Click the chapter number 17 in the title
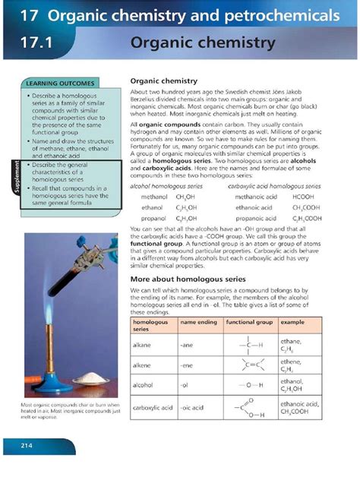point(30,15)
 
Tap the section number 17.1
point(36,43)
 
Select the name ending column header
point(197,322)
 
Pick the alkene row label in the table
point(143,365)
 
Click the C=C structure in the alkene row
point(248,365)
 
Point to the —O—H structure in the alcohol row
point(248,385)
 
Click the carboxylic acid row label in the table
point(152,408)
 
